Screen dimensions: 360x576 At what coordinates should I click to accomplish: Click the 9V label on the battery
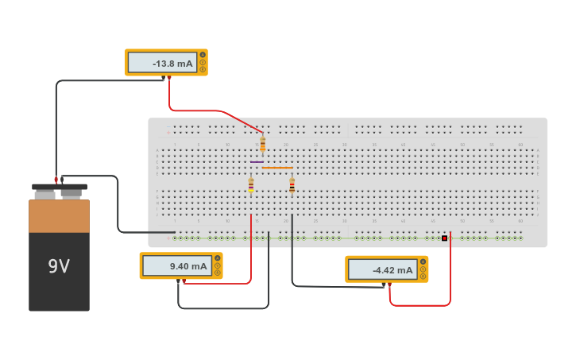pos(59,266)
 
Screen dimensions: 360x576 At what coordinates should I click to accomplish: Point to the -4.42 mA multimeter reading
pos(382,270)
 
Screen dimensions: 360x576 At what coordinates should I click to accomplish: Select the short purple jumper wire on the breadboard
pos(257,162)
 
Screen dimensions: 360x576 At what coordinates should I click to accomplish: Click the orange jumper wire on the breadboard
pos(277,168)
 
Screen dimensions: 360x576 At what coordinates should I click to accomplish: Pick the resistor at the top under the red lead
pos(263,145)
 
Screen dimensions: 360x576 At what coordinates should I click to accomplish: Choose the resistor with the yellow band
pos(251,185)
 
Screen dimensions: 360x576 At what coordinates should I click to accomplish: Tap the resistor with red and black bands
pos(292,186)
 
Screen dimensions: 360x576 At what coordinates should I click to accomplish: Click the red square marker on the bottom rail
pos(445,238)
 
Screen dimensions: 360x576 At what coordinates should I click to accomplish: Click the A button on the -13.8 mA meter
pos(203,55)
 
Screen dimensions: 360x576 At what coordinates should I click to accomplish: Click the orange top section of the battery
pos(59,216)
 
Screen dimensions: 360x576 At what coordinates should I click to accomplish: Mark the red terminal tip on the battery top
pos(56,180)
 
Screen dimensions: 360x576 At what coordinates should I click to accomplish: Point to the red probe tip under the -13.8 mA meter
pos(169,77)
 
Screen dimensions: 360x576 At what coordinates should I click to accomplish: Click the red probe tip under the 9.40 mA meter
pos(184,281)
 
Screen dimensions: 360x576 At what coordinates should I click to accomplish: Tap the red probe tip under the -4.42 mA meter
pos(390,284)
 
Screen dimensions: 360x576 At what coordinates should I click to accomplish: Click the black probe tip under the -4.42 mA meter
pos(383,284)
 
